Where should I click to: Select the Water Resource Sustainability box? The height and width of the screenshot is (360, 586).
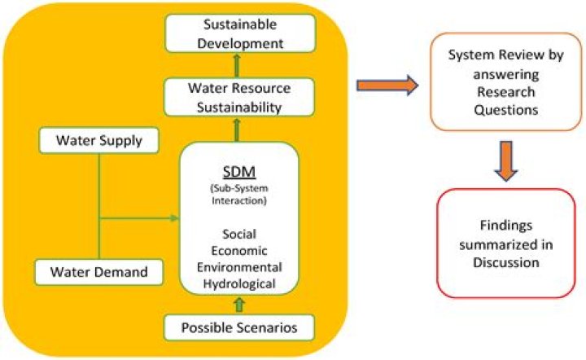click(x=238, y=96)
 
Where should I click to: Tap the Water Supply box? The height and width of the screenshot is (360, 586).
click(x=99, y=142)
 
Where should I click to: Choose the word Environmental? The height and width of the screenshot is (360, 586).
click(x=239, y=267)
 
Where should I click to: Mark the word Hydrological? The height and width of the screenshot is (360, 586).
click(x=239, y=283)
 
